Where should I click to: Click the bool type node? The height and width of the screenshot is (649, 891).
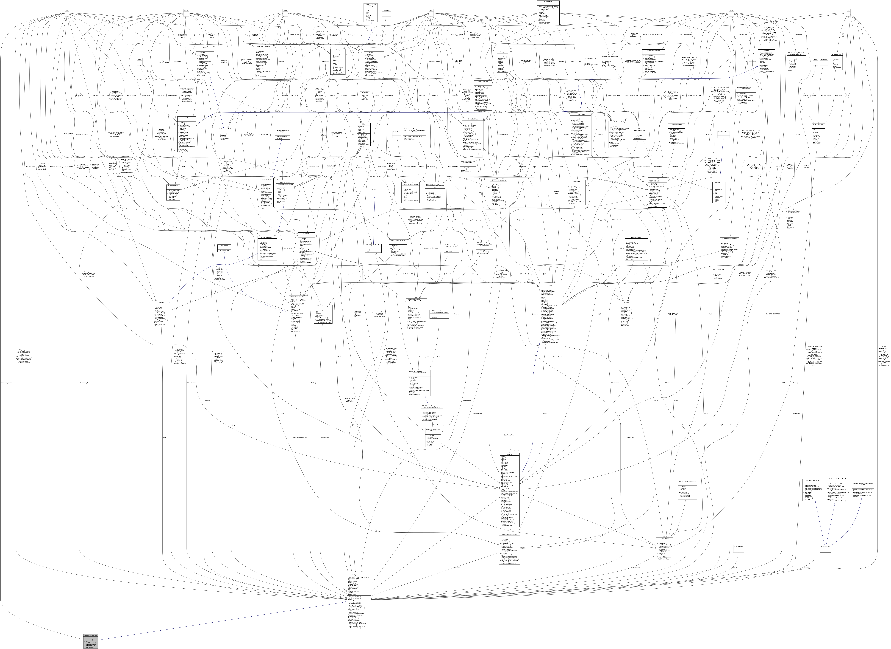coord(67,10)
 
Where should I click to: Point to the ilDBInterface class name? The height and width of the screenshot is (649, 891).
coord(548,2)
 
